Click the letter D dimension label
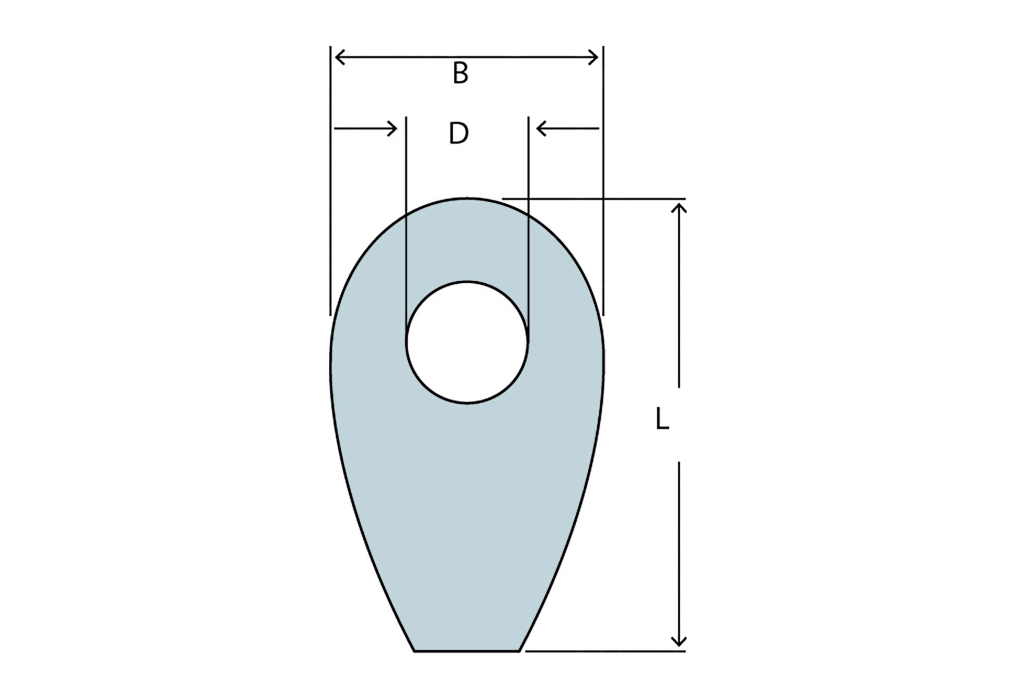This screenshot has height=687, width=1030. (459, 133)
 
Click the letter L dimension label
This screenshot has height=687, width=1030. (662, 419)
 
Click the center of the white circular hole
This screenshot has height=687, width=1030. (467, 342)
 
